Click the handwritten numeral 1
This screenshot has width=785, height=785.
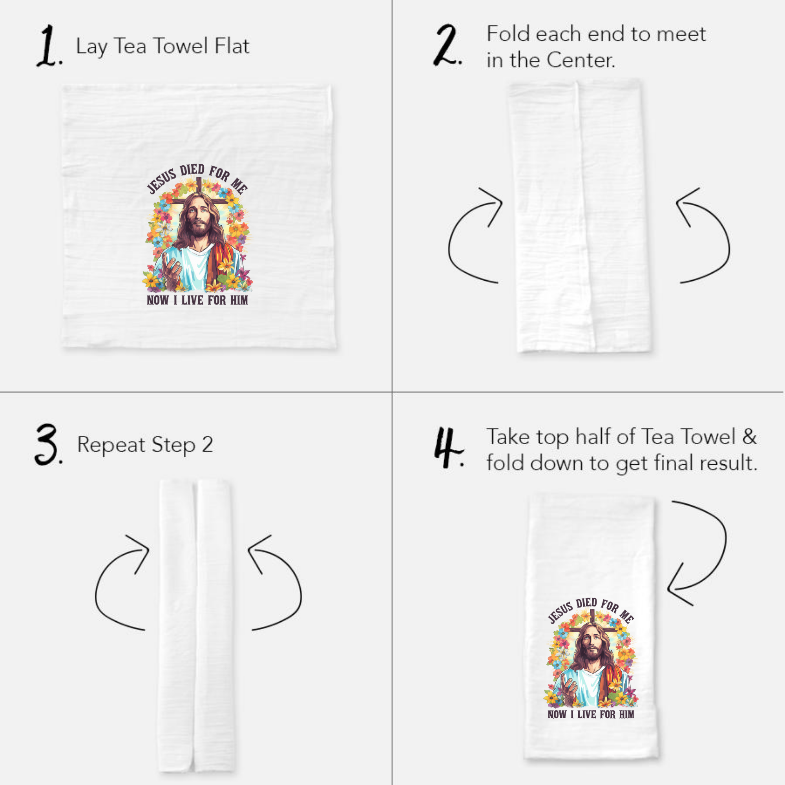pyautogui.click(x=48, y=46)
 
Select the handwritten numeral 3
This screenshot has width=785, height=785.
pyautogui.click(x=47, y=445)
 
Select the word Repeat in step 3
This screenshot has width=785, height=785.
pyautogui.click(x=111, y=445)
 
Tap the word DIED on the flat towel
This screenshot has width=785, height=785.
pyautogui.click(x=193, y=170)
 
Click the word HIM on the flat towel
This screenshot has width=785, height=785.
pyautogui.click(x=239, y=300)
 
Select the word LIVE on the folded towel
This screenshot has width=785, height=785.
pyautogui.click(x=586, y=714)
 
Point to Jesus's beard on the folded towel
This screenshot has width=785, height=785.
pyautogui.click(x=592, y=654)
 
